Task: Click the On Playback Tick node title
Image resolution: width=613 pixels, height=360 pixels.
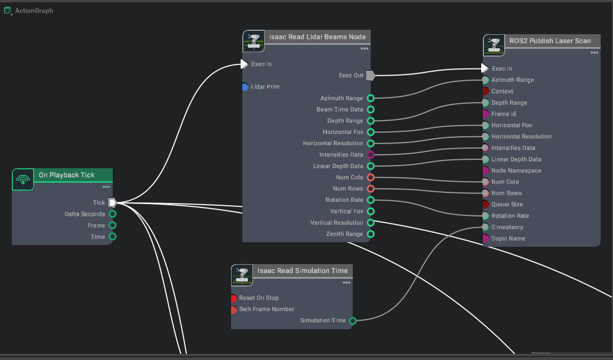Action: [66, 175]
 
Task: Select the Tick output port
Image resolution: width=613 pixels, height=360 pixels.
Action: [112, 202]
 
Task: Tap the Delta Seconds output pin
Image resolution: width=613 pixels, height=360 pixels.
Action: [113, 214]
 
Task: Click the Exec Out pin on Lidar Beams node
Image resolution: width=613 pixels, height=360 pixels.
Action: [370, 75]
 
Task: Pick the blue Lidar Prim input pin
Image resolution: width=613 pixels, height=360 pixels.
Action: [245, 87]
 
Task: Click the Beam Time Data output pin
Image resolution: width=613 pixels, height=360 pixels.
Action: [370, 109]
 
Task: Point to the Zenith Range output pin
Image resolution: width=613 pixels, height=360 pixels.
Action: [370, 234]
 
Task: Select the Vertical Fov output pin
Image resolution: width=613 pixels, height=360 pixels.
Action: [370, 211]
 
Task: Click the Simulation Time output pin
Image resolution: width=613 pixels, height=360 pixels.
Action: [353, 321]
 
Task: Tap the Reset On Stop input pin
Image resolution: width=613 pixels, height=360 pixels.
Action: [233, 298]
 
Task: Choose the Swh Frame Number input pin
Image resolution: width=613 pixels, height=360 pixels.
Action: [233, 310]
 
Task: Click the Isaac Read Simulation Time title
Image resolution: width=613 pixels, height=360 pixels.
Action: [302, 271]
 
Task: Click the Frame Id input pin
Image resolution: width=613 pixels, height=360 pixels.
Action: [486, 114]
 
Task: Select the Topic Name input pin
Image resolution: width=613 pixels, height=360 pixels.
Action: [486, 238]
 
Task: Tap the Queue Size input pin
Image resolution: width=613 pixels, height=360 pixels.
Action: [486, 204]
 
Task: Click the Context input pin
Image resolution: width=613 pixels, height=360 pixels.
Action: [486, 91]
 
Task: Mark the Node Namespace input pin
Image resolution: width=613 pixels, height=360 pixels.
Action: [486, 170]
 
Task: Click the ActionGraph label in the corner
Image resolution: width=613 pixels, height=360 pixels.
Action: [34, 11]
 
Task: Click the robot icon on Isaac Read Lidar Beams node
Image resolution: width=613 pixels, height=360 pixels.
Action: [254, 41]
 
